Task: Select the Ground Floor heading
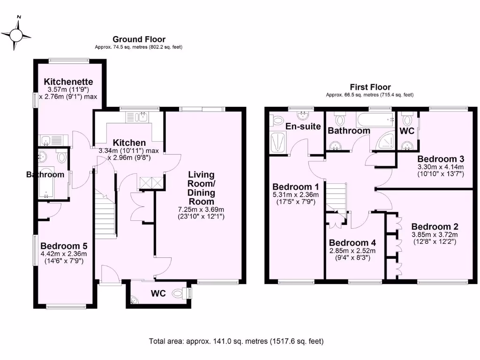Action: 139,39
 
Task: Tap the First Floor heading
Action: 370,87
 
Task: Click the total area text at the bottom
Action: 236,341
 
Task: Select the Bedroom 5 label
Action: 64,246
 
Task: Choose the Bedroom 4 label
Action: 352,243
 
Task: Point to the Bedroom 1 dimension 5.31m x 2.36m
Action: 295,195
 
